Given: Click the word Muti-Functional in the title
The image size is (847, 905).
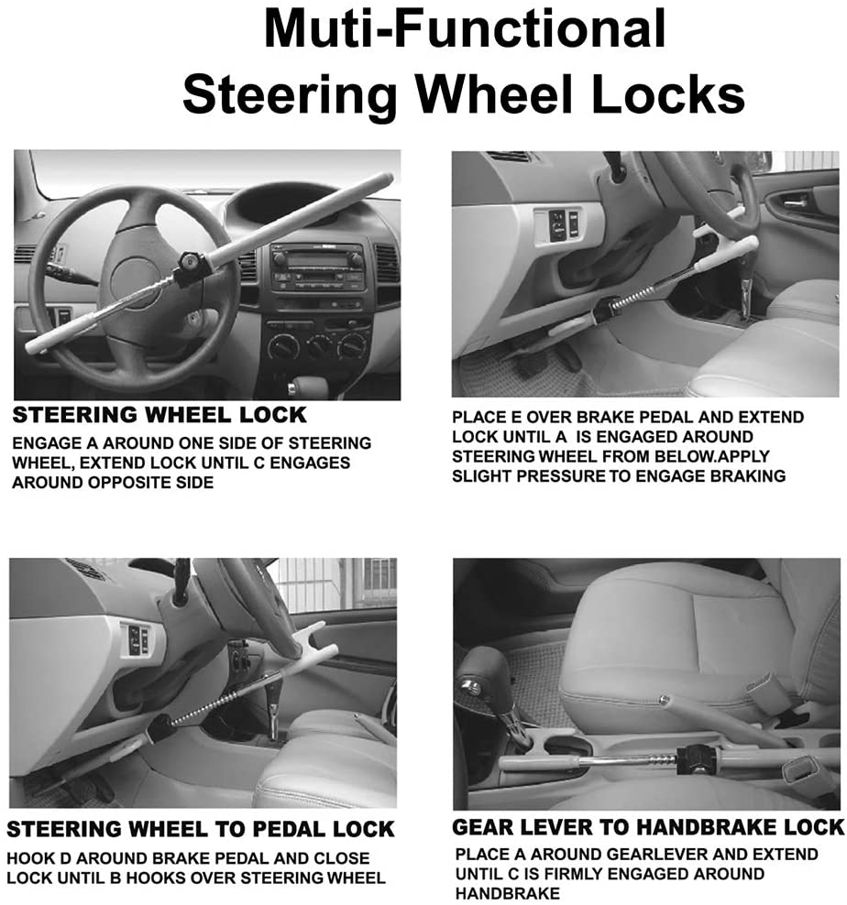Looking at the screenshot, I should pos(464,29).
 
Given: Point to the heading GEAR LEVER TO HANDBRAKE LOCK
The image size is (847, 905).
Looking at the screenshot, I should pos(647,828).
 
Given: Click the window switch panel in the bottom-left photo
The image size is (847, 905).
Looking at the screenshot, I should pos(138,638).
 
